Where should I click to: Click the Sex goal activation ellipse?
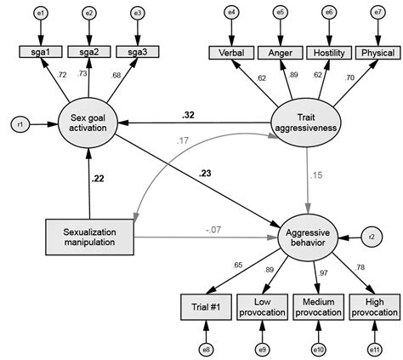click(x=88, y=123)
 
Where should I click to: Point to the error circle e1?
click(x=43, y=14)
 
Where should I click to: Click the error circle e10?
click(x=318, y=348)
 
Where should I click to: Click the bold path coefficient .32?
click(x=187, y=114)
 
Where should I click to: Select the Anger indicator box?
click(x=280, y=53)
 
